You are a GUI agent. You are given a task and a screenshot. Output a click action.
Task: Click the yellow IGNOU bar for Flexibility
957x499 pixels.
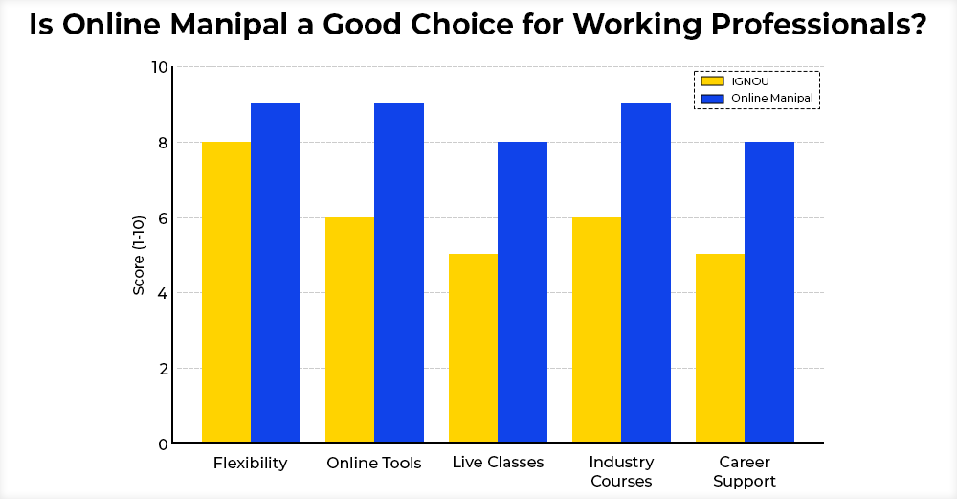[226, 292]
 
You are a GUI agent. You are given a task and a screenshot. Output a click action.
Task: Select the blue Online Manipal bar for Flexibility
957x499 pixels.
[276, 273]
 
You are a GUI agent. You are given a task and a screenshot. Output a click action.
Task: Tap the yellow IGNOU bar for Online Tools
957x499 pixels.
[349, 330]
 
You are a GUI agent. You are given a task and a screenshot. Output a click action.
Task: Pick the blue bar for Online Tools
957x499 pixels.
[399, 273]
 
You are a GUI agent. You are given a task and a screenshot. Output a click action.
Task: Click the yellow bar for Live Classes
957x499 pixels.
[473, 349]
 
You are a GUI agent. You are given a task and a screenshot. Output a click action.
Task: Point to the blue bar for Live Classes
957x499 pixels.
[523, 292]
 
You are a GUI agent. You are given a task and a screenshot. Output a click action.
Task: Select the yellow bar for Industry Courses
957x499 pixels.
[596, 330]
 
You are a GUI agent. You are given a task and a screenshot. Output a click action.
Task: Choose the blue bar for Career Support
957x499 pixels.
[769, 292]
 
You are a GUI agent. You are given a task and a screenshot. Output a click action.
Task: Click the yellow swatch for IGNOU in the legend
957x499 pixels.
[713, 81]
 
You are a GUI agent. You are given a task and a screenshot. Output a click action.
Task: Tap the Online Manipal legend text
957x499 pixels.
[771, 98]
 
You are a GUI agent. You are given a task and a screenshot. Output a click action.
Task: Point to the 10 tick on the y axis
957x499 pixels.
[159, 67]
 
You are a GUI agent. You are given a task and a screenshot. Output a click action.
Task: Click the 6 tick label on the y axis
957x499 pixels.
[163, 217]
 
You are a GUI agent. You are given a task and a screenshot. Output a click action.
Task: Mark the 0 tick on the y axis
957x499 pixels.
[163, 443]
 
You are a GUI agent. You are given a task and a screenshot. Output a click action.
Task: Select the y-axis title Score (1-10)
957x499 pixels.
[139, 255]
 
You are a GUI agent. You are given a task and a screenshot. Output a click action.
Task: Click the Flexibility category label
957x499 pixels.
[250, 464]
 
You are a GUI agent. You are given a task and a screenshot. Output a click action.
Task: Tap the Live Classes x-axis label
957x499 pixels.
[498, 463]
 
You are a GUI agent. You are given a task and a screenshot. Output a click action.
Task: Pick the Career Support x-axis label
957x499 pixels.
[745, 471]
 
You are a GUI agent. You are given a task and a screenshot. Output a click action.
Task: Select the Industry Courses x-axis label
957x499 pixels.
[621, 471]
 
